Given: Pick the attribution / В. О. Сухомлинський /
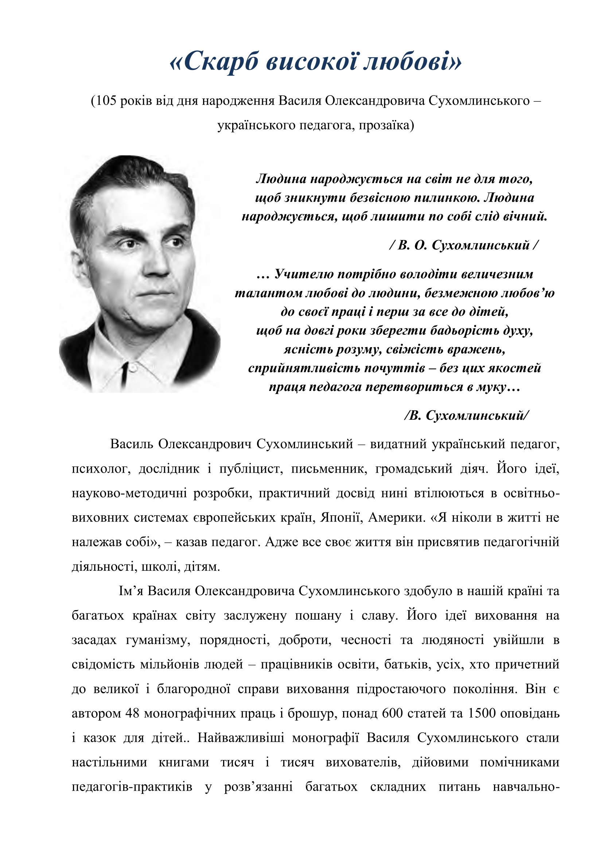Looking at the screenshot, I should click(x=464, y=245).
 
